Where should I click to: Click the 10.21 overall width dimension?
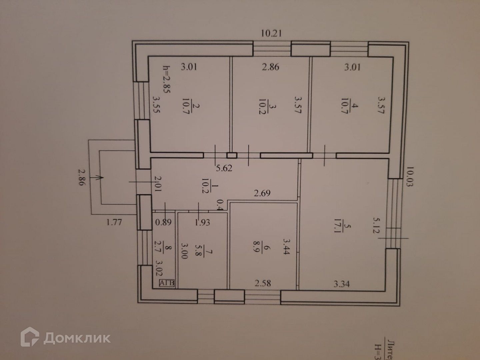[x=271, y=33]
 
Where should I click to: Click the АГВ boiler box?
[x=167, y=283]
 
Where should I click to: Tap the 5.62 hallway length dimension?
[x=224, y=168]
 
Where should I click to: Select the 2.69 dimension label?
[x=262, y=193]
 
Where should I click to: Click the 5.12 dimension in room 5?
[x=376, y=225]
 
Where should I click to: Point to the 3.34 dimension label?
[x=342, y=284]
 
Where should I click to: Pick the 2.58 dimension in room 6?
[x=263, y=283]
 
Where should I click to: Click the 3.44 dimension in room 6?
[x=286, y=246]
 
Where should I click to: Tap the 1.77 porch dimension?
[x=114, y=222]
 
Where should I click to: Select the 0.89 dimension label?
[x=163, y=222]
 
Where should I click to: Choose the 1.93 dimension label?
[x=202, y=222]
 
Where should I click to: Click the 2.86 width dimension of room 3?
[x=270, y=67]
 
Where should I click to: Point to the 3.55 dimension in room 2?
[x=156, y=104]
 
